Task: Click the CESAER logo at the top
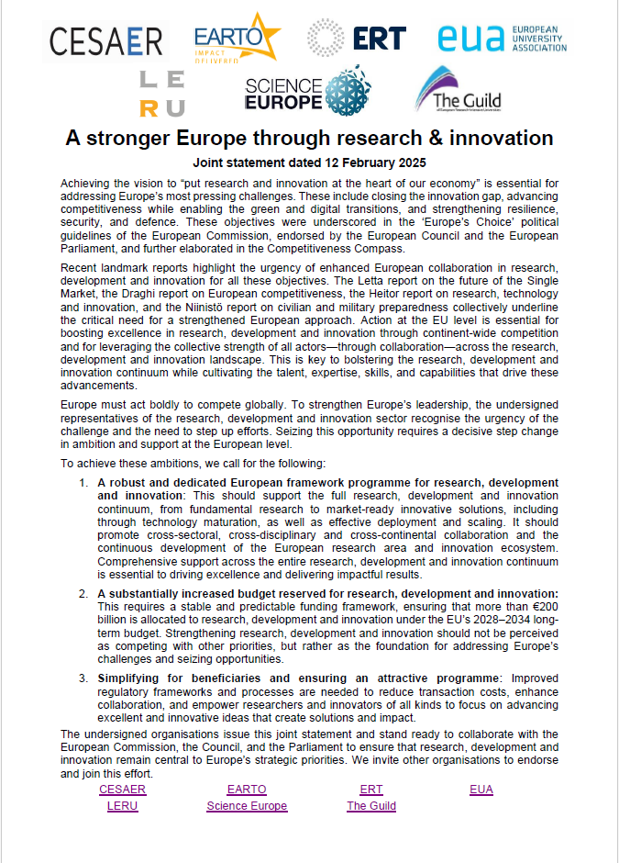coord(106,40)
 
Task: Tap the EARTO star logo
coord(235,39)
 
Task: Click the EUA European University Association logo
coord(501,39)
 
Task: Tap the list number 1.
coord(83,483)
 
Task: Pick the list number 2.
coord(83,594)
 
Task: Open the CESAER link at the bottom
coord(122,790)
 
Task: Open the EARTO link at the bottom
coord(247,790)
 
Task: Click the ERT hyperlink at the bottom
coord(371,790)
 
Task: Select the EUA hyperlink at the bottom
coord(481,790)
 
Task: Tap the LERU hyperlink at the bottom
coord(122,806)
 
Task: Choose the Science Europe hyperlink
coord(247,806)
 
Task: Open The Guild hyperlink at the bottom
coord(371,806)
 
